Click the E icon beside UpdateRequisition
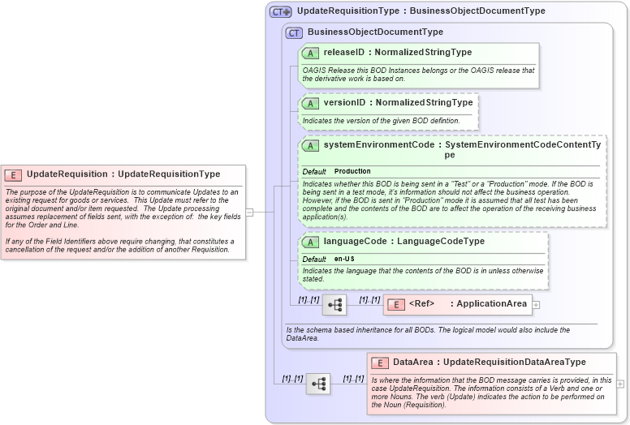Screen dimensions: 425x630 (14, 174)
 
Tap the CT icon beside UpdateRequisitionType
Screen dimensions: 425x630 (280, 12)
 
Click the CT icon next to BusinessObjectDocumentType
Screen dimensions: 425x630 (294, 32)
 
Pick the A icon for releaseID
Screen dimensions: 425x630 (310, 53)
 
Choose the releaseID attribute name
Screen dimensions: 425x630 (343, 53)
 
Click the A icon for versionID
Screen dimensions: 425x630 (310, 103)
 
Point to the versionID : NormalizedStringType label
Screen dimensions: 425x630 (398, 103)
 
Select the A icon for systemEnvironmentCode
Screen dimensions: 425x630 (310, 146)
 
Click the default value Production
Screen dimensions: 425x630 (352, 172)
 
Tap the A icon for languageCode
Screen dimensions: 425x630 (310, 242)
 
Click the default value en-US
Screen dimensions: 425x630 (344, 259)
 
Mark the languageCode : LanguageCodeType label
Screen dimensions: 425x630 (403, 242)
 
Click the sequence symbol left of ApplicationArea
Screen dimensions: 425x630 (334, 304)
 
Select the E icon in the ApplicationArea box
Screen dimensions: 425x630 (395, 304)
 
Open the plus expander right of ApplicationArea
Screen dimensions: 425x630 (536, 305)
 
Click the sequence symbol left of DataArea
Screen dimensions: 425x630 (317, 384)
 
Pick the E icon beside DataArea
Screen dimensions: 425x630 (380, 363)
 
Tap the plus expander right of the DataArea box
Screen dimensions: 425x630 (621, 384)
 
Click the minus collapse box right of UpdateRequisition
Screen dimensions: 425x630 (250, 212)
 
